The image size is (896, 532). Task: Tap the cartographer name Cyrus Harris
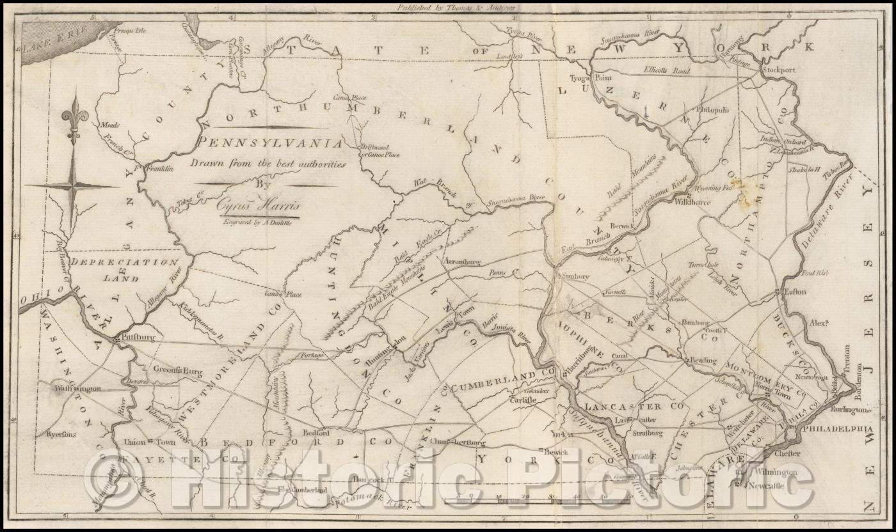(259, 206)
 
